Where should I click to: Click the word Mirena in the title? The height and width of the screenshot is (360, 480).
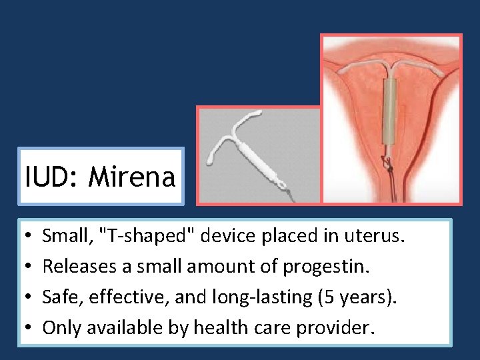coord(132,177)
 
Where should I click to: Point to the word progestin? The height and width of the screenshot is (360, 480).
coord(319,267)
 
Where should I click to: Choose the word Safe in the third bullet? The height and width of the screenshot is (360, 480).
coord(58,298)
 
